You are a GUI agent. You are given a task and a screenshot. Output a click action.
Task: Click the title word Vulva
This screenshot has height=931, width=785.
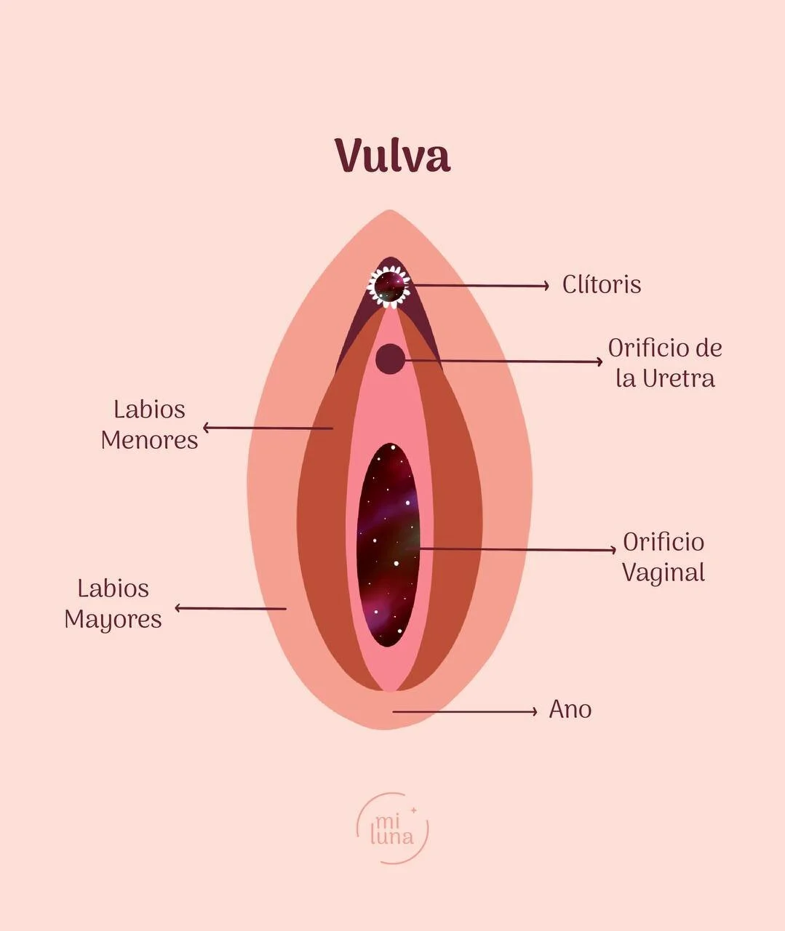click(x=392, y=155)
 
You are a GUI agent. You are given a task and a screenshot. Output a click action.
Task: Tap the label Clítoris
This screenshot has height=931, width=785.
click(x=602, y=284)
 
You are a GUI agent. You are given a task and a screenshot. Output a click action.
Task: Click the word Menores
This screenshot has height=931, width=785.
click(x=149, y=440)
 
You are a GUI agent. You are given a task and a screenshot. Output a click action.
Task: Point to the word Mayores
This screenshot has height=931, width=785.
click(x=113, y=619)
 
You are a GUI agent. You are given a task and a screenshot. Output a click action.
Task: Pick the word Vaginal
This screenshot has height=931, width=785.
click(x=664, y=572)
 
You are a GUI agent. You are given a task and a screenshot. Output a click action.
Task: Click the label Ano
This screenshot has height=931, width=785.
click(x=570, y=709)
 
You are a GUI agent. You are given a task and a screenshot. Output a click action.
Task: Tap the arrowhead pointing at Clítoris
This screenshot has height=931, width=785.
click(x=546, y=286)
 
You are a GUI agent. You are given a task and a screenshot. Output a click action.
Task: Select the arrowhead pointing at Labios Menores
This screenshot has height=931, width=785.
click(x=207, y=428)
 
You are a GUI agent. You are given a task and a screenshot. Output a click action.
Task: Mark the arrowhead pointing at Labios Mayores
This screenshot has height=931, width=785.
click(x=179, y=607)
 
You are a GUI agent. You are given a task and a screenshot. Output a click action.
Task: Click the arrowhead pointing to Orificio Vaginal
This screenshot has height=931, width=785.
click(x=612, y=550)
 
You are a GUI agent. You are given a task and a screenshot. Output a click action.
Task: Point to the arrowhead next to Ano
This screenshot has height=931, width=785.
click(x=533, y=711)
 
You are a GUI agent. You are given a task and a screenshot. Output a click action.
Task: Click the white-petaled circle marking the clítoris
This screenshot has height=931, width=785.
click(x=389, y=286)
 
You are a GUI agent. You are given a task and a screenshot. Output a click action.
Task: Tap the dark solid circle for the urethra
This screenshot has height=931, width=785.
click(x=391, y=359)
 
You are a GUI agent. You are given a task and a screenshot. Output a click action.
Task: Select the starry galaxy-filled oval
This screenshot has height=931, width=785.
click(x=388, y=546)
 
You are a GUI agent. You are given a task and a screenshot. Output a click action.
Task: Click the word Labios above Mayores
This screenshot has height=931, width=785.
click(x=113, y=588)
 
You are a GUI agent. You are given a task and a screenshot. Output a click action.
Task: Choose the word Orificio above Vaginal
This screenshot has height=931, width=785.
click(x=664, y=542)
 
